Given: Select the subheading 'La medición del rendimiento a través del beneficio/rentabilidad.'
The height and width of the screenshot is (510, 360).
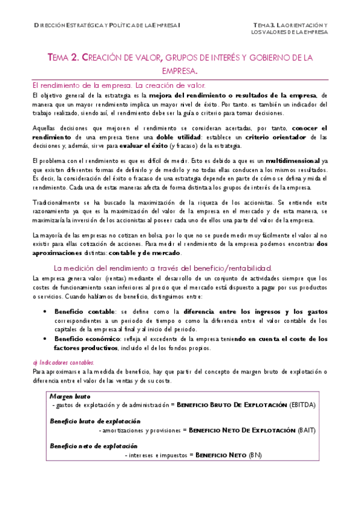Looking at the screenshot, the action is coord(163,268).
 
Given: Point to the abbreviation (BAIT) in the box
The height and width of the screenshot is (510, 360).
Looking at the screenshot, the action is coord(307,431).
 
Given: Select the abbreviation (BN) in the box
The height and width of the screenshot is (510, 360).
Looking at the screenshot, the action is coord(255,455).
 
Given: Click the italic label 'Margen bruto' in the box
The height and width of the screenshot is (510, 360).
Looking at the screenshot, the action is coord(69,397).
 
